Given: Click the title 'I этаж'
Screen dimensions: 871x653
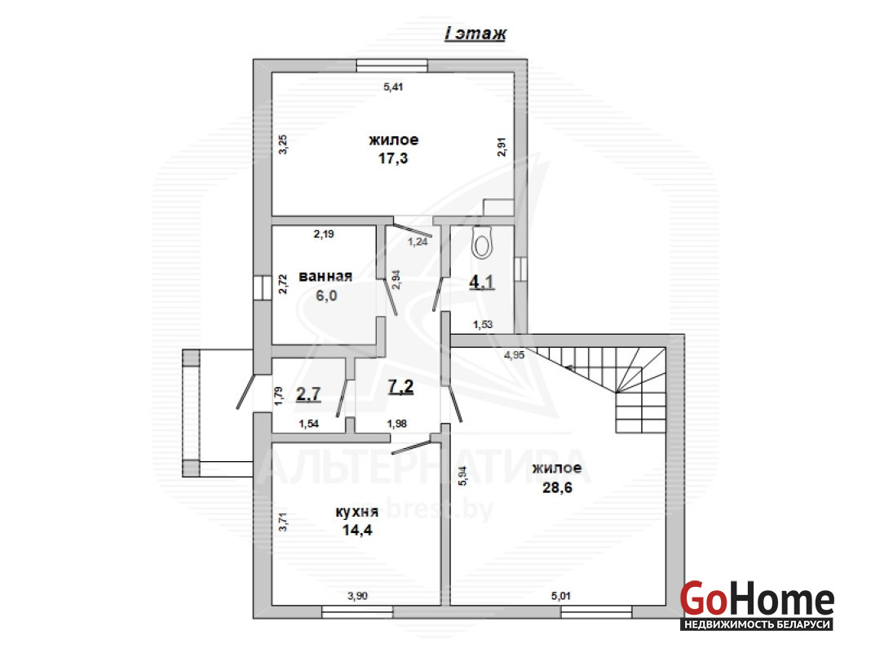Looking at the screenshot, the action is (475, 33).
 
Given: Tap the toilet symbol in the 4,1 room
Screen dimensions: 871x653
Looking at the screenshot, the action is (481, 243).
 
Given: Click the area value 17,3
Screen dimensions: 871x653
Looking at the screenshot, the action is (393, 158).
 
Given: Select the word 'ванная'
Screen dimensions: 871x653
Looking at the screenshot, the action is (325, 276).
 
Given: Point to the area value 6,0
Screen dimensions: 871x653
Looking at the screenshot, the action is (326, 295).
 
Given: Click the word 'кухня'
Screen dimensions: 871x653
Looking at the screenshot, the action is (356, 512).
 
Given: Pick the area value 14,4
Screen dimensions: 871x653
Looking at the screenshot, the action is (356, 531).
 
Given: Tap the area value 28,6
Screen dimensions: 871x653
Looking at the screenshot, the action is (557, 487).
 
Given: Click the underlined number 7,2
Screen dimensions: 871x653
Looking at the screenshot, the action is (400, 386).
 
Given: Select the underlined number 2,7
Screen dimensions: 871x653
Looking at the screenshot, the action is (308, 394).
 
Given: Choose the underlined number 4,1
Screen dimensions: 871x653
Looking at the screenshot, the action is (482, 282).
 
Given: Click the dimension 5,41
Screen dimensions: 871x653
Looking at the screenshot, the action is (393, 87).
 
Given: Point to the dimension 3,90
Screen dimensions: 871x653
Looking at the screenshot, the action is (357, 596).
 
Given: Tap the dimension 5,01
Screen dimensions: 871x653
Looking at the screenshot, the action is (560, 596).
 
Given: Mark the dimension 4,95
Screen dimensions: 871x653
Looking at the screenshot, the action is (514, 354).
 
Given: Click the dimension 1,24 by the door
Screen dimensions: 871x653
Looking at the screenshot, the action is (418, 242).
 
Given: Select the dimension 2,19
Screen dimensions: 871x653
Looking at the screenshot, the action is (324, 234).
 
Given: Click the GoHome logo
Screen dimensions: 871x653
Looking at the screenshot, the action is (757, 605).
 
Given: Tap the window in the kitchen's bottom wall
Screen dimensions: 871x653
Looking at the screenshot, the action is (357, 612).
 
